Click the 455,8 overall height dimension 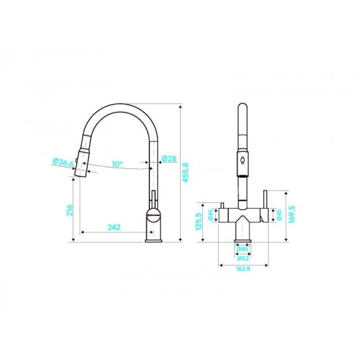(185, 172)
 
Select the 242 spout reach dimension (114, 227)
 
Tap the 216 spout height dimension (69, 210)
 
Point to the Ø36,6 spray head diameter (63, 162)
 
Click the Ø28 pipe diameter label (170, 158)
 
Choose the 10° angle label (117, 164)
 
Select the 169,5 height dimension (292, 215)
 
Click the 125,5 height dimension (198, 221)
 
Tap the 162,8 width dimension (243, 269)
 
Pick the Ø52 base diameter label (243, 259)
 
